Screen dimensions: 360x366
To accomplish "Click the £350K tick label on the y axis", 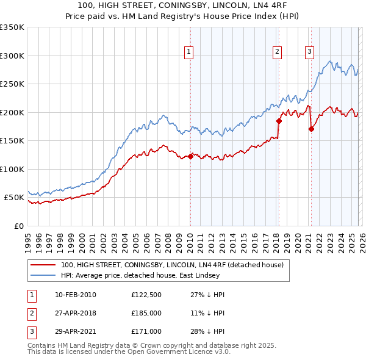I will click(12, 27).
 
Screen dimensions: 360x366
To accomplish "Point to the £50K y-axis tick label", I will click(14, 198).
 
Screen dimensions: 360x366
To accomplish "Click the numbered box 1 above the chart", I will click(189, 52).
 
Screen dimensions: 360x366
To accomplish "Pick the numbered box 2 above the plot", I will click(277, 52).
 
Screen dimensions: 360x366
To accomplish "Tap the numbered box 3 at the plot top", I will click(309, 52).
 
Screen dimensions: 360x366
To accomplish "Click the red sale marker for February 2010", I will click(190, 156).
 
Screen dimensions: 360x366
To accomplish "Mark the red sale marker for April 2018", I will click(279, 121).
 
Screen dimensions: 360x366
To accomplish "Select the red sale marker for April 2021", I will click(311, 129).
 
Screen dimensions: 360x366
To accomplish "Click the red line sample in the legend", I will click(43, 265).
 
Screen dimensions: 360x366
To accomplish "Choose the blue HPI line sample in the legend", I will click(43, 276).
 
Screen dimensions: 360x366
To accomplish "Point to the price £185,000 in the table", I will click(146, 313).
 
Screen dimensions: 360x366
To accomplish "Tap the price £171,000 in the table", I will click(146, 331).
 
